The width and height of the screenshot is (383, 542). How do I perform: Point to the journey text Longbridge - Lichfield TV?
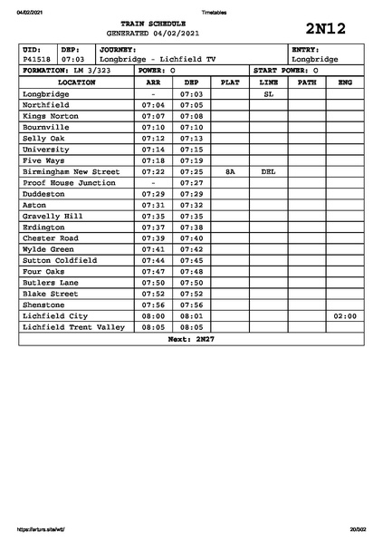[158, 59]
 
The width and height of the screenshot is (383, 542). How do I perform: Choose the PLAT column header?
[230, 82]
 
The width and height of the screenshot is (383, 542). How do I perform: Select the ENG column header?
[345, 82]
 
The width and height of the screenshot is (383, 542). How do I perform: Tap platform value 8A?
[230, 171]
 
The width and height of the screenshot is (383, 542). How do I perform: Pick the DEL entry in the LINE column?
[268, 171]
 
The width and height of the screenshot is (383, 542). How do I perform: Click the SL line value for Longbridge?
[268, 94]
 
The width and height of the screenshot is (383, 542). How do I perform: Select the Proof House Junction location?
[69, 182]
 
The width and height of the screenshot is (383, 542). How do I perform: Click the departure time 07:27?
[191, 182]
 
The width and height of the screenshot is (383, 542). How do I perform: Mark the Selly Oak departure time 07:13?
[191, 139]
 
